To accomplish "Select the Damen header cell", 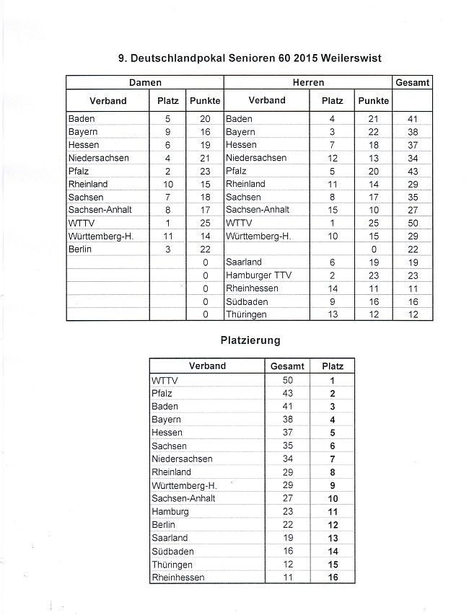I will tap(145, 83).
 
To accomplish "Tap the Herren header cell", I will tap(308, 83).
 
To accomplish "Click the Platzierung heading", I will tap(250, 339).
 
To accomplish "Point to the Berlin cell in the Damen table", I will tap(81, 249).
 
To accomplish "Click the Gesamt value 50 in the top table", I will tap(413, 224).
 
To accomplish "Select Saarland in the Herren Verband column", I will tap(244, 262).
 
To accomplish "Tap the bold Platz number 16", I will tap(333, 578).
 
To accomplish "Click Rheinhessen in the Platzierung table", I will tap(178, 578).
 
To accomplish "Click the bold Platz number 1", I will tap(333, 380).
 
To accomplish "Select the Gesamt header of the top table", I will tap(413, 83).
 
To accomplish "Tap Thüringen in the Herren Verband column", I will tap(246, 315).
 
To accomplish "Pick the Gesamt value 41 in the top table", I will tap(413, 119).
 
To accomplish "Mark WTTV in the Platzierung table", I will tap(165, 380).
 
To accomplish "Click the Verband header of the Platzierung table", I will tap(207, 366).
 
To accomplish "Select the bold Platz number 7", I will tap(333, 459).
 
